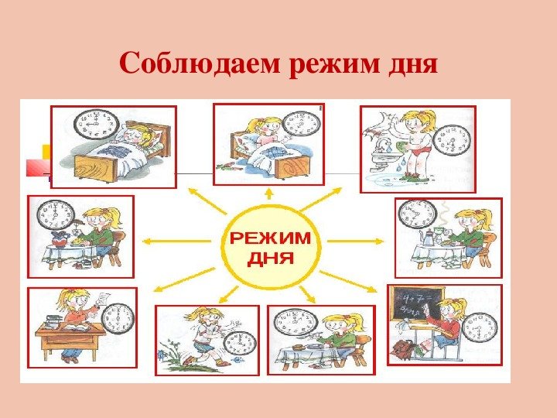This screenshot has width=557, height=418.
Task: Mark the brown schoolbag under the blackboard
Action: pyautogui.click(x=402, y=349)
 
